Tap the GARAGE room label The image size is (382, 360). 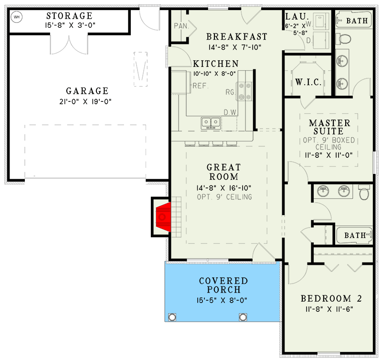87,91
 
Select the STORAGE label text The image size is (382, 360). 69,16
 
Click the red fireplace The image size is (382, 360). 162,217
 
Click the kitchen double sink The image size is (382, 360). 210,123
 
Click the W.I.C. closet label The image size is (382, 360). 308,82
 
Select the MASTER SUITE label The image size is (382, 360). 329,127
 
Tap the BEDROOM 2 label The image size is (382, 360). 331,299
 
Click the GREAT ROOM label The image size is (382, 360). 223,172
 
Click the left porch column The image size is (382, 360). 172,317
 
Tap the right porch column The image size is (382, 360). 243,317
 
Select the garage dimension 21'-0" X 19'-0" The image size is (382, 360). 87,101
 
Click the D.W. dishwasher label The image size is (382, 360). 230,113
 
